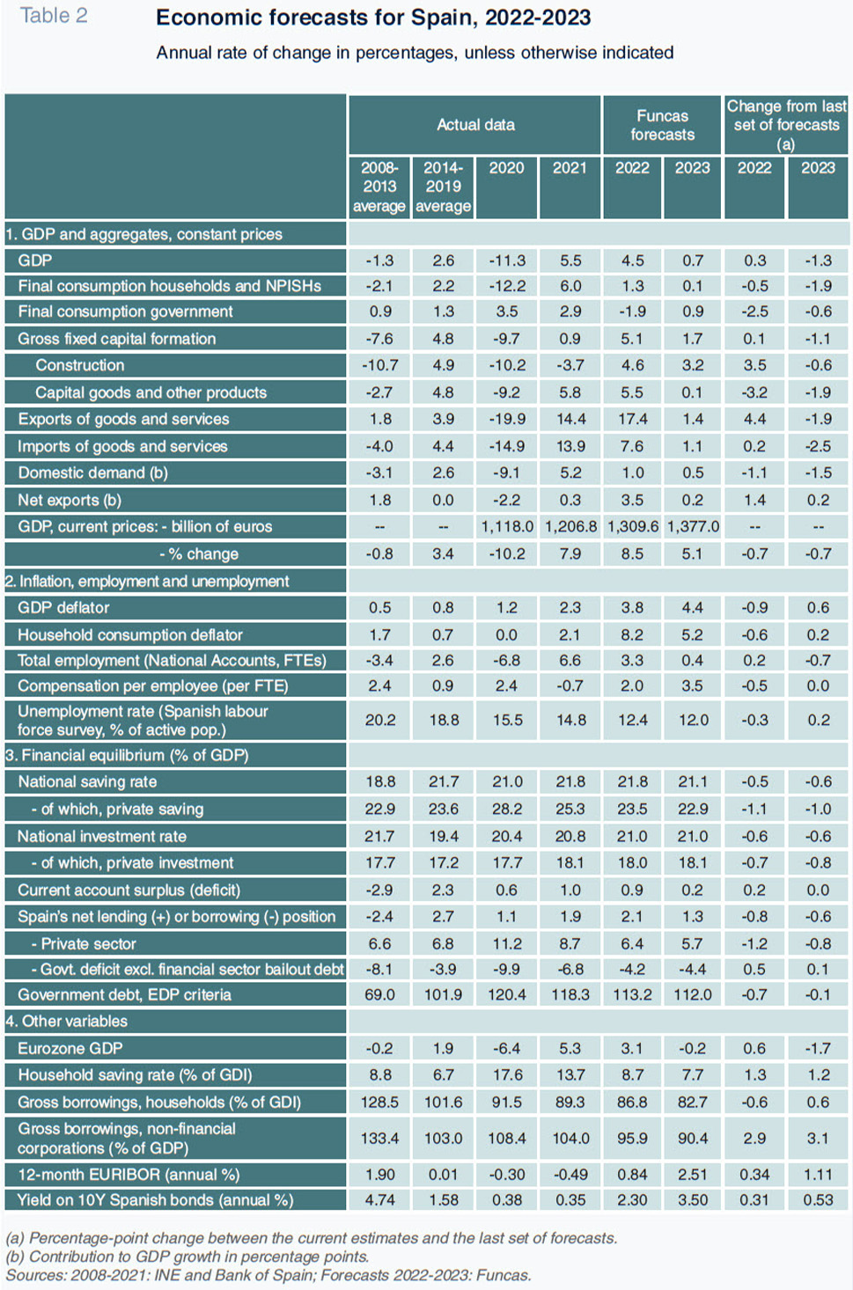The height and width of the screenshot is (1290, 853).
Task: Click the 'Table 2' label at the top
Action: coord(54,16)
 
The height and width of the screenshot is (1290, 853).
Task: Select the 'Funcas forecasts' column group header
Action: coord(662,125)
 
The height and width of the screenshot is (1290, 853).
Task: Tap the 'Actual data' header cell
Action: coord(475,124)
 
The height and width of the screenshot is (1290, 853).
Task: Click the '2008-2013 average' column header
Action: coord(379,187)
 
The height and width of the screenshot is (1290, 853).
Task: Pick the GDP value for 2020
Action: coord(507,260)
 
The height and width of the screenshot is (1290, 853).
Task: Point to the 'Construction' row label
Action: coord(80,365)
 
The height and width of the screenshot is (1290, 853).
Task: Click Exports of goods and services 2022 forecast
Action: coord(632,419)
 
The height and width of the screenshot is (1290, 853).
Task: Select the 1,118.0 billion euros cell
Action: coord(507,526)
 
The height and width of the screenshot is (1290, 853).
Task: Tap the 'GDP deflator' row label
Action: coord(63,607)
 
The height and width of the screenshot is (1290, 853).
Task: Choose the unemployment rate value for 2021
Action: coord(570,720)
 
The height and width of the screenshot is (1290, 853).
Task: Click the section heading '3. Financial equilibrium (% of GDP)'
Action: coord(127,755)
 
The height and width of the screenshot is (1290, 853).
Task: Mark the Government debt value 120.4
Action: coord(507,994)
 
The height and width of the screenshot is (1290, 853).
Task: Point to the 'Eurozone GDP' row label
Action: coord(70,1048)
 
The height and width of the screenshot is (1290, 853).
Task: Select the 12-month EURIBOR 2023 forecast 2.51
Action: coord(692,1174)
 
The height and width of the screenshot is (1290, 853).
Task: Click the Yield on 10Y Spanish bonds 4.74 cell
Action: coord(379,1200)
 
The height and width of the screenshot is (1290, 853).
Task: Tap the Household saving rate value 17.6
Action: coord(507,1074)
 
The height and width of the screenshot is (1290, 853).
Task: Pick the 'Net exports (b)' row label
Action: coord(70,500)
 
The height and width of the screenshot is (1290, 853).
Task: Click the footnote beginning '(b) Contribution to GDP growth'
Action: coord(188,1256)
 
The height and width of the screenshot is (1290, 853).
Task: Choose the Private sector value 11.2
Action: coord(507,944)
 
